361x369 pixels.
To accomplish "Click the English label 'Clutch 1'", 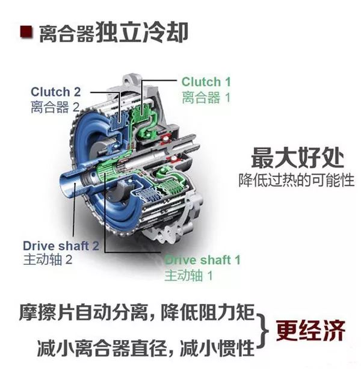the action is click(206, 82).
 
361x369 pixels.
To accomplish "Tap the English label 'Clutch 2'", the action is click(56, 91).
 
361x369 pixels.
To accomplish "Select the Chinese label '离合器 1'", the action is click(206, 97).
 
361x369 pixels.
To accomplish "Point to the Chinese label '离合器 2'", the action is click(55, 107).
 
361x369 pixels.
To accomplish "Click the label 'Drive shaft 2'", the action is click(61, 246).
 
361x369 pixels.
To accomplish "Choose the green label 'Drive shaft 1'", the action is click(202, 260).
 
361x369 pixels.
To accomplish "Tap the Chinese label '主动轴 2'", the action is click(48, 259).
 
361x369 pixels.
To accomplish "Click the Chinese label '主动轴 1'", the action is click(188, 275).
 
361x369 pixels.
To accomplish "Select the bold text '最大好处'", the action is click(297, 158).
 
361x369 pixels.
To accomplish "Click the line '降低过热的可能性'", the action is click(297, 180).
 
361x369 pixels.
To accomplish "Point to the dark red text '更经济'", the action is click(310, 330).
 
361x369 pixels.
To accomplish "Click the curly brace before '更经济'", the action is click(262, 330).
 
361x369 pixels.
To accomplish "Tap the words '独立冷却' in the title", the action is click(142, 33).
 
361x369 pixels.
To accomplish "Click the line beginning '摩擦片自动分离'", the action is click(137, 312).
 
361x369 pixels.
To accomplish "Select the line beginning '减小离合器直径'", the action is click(146, 348).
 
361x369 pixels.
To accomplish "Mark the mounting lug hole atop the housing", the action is click(128, 82).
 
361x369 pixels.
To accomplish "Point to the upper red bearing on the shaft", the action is click(166, 138).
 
